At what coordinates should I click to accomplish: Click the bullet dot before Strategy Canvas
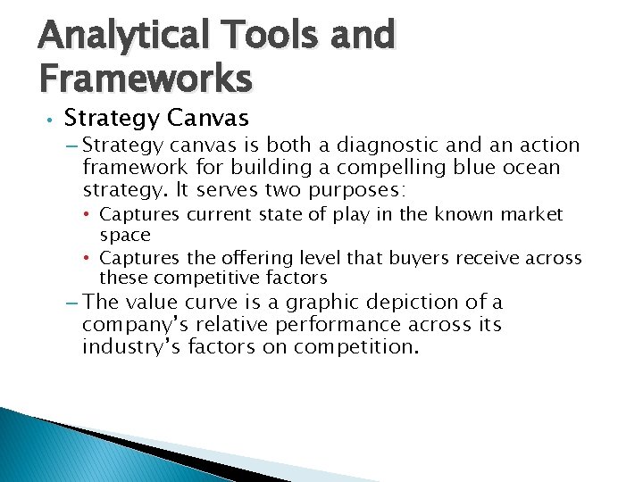[52, 120]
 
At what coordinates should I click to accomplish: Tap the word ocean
[527, 167]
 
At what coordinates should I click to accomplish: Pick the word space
[125, 235]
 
